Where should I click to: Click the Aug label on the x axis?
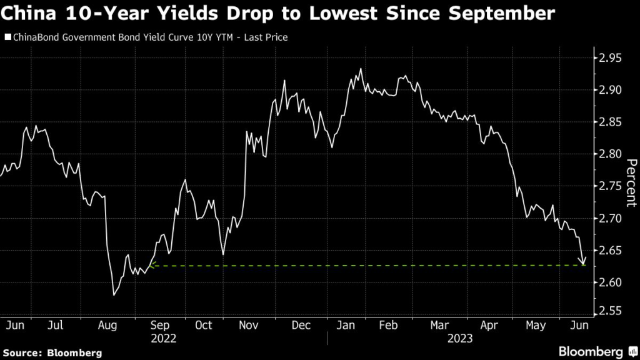pos(107,326)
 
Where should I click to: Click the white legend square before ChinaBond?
pos(7,38)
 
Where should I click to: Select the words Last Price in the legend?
pos(269,38)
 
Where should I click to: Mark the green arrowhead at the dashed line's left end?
pos(152,266)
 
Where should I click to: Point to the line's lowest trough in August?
pos(113,295)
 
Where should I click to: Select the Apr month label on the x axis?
pos(489,326)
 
